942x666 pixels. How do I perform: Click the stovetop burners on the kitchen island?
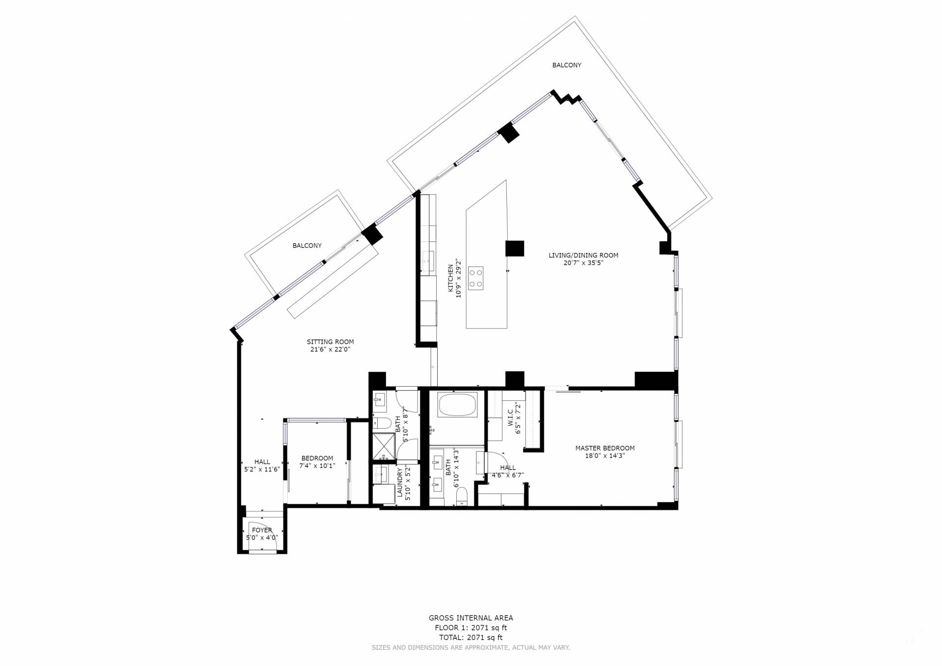pos(475,278)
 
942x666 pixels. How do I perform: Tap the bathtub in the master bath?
pos(457,405)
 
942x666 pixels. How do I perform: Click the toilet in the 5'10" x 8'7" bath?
pos(381,423)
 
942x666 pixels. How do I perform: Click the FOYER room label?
pos(262,530)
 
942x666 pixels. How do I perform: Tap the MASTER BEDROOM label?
pos(605,448)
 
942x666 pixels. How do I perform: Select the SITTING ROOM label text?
pos(330,342)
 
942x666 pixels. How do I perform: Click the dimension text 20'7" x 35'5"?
pos(583,262)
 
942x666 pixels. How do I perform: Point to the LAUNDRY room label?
pos(400,483)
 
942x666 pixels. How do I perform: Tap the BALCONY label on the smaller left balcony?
pos(307,246)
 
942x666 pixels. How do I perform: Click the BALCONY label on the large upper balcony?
pos(567,65)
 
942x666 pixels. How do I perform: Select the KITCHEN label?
pos(450,279)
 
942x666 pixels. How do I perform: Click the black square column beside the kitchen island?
pos(515,248)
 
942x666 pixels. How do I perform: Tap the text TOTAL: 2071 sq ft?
pos(471,638)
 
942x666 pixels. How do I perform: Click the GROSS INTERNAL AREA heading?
pos(471,618)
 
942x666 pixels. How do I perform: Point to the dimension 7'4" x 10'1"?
pos(317,465)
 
